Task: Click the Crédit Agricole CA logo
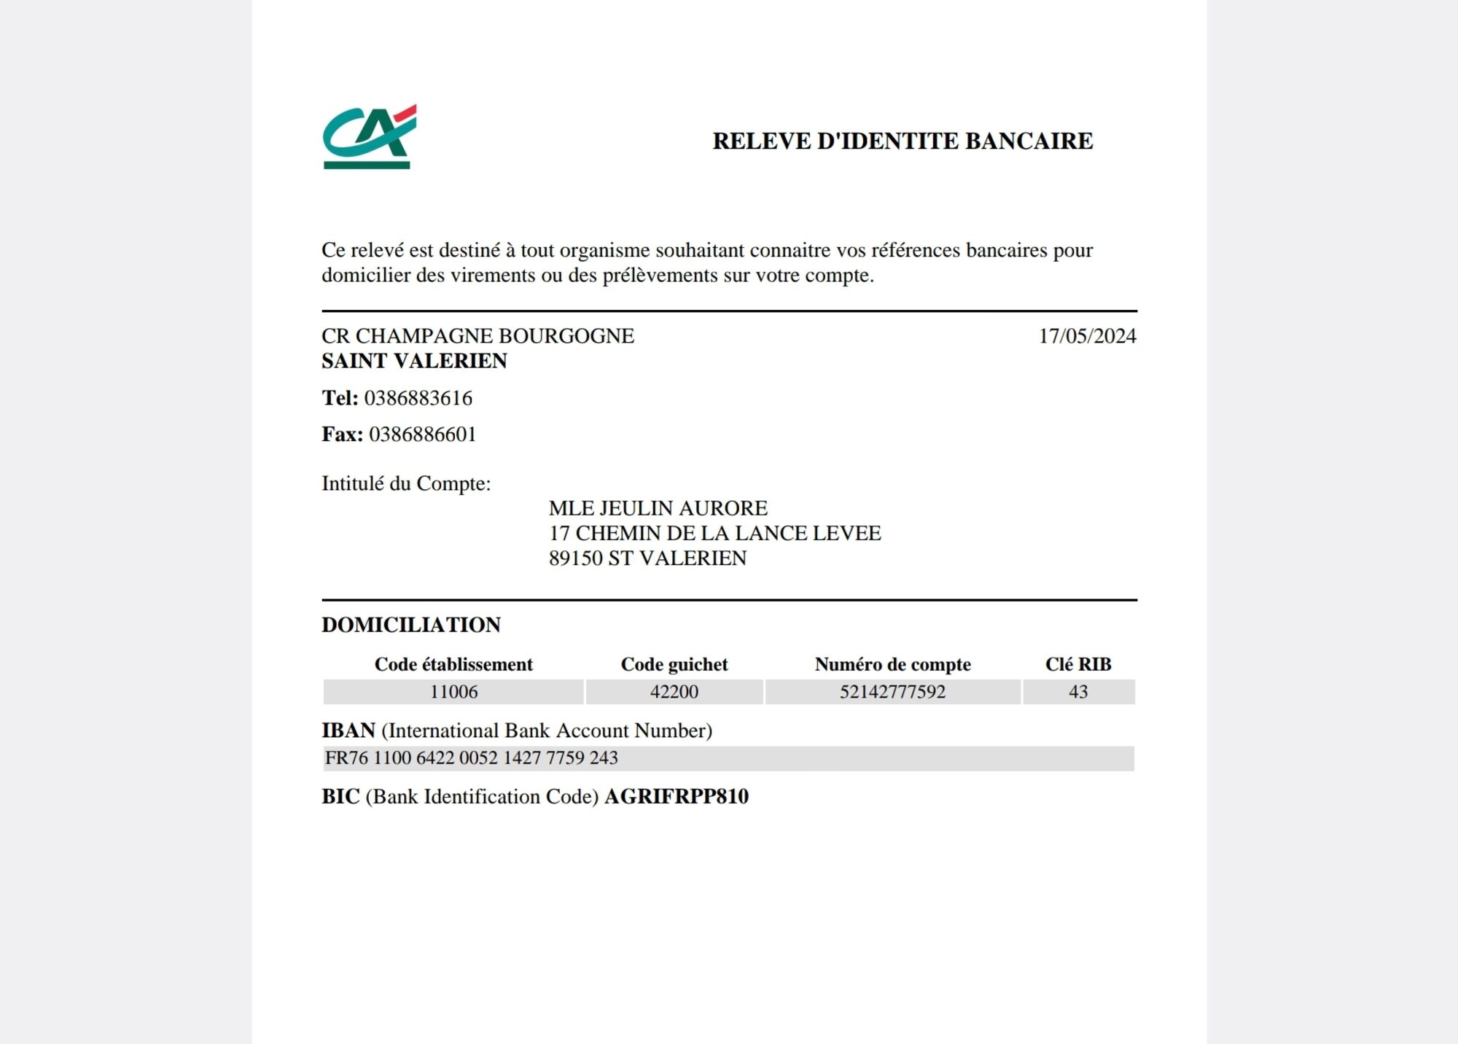[369, 136]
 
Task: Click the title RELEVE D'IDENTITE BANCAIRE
[903, 141]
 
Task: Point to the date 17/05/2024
[1087, 336]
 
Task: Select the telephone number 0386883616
[418, 398]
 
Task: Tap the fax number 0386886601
[423, 435]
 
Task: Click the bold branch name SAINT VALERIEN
[414, 361]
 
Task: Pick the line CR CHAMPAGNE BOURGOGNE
[477, 336]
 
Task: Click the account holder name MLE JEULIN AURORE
[658, 508]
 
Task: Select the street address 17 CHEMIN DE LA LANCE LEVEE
[714, 533]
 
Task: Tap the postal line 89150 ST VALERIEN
[647, 558]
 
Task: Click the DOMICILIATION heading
[411, 625]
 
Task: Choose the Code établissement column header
[453, 664]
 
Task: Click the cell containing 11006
[453, 692]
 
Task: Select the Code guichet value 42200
[674, 692]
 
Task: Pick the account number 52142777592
[892, 692]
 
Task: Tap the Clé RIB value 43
[1078, 692]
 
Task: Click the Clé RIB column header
[1078, 664]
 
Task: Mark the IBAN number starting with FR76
[471, 758]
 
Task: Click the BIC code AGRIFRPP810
[677, 796]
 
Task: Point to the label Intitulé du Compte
[406, 483]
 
